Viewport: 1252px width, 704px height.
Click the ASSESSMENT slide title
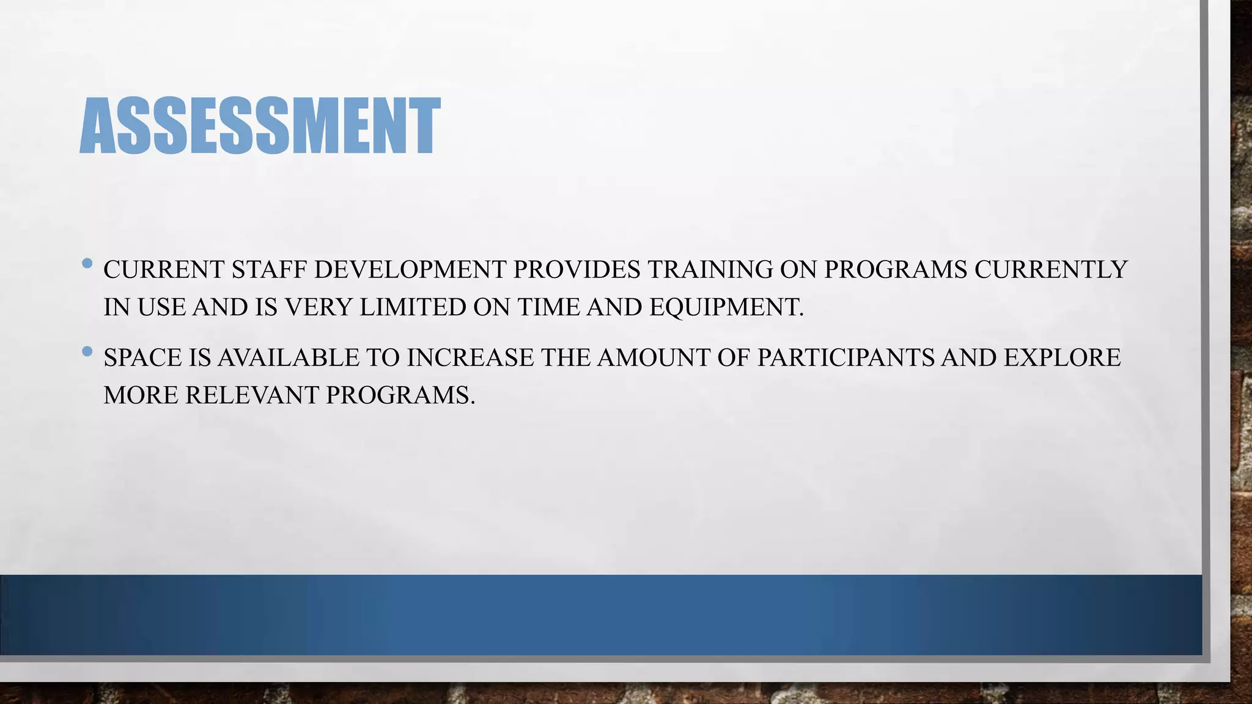(x=260, y=126)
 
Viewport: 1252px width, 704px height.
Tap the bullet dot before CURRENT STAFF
(x=87, y=264)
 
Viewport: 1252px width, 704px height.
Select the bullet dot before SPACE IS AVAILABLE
(x=87, y=351)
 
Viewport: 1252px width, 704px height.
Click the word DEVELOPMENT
(x=410, y=269)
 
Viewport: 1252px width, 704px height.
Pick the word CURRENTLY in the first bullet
(x=1050, y=269)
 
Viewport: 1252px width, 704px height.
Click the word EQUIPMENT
(x=726, y=307)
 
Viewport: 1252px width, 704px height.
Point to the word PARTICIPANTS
(x=845, y=358)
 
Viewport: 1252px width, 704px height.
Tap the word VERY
(x=318, y=307)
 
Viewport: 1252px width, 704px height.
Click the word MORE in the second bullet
(x=141, y=395)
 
